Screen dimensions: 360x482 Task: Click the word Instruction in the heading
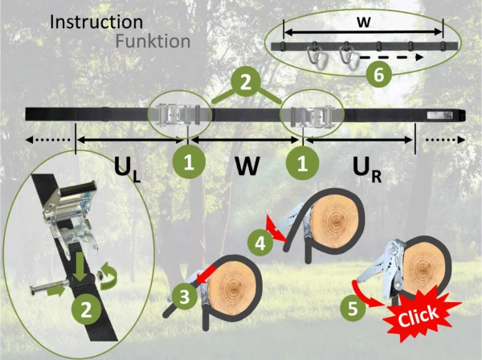pyautogui.click(x=96, y=21)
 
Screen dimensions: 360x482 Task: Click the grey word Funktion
pyautogui.click(x=153, y=40)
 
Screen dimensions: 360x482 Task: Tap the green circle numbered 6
pyautogui.click(x=379, y=75)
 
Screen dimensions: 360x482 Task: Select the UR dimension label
pyautogui.click(x=370, y=168)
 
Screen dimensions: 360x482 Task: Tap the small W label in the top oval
pyautogui.click(x=363, y=23)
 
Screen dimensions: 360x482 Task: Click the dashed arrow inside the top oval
pyautogui.click(x=390, y=58)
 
